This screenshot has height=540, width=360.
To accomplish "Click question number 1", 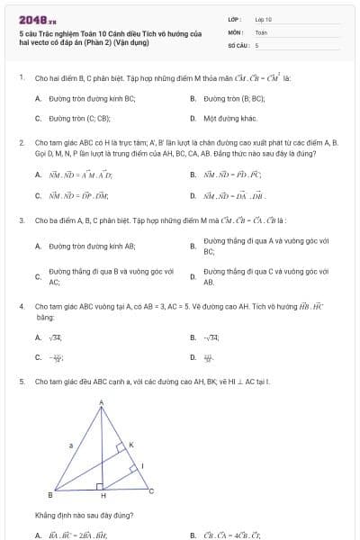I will (x=21, y=77).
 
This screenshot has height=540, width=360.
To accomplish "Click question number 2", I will (x=21, y=142).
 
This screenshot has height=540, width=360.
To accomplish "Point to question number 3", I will (x=21, y=220).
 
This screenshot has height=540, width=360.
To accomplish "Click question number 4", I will (x=21, y=306).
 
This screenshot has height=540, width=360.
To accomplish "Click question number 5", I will (x=21, y=382).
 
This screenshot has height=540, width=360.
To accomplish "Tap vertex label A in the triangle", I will (x=101, y=402).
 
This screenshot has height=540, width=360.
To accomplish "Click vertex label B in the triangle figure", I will (x=49, y=494).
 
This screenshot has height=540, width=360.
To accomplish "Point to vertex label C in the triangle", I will (x=151, y=490).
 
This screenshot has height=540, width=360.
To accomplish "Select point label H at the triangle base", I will (x=102, y=496).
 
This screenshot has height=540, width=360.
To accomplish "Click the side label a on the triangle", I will (x=70, y=445).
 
